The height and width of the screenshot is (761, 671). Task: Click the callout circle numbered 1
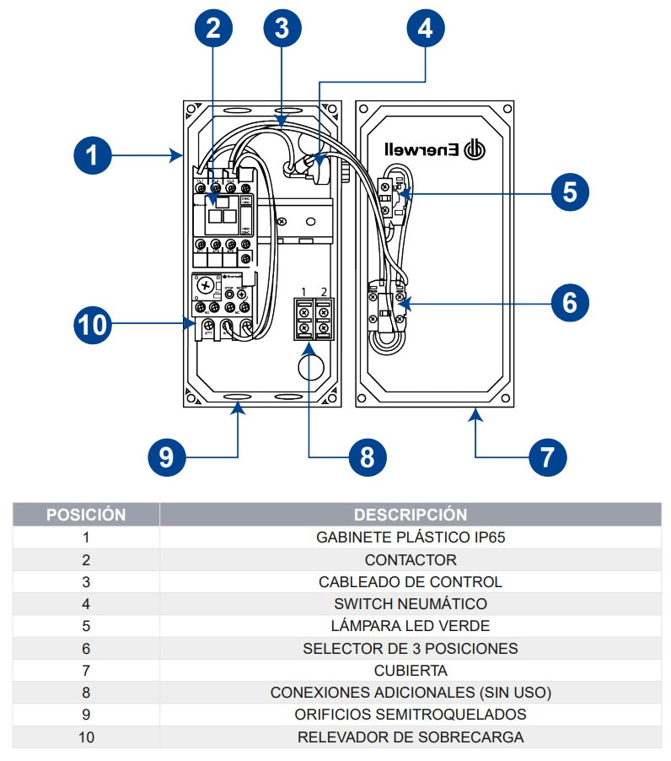[x=92, y=155]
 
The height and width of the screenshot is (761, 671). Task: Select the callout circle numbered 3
[x=282, y=28]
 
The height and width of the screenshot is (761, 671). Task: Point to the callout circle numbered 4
[x=426, y=28]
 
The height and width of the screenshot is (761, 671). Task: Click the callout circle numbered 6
[x=571, y=302]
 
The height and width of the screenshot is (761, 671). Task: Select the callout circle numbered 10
[x=92, y=324]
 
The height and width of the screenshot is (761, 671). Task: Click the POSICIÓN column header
[x=86, y=514]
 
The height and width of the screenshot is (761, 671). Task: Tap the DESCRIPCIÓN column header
[x=411, y=514]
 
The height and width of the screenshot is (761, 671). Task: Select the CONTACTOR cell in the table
[x=411, y=559]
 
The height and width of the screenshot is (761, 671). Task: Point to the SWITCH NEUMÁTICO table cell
[x=411, y=604]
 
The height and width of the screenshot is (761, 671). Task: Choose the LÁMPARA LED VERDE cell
[x=411, y=626]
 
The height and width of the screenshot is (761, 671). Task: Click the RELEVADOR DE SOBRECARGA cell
[x=411, y=737]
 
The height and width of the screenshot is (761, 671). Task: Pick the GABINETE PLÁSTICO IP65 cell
[x=411, y=537]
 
